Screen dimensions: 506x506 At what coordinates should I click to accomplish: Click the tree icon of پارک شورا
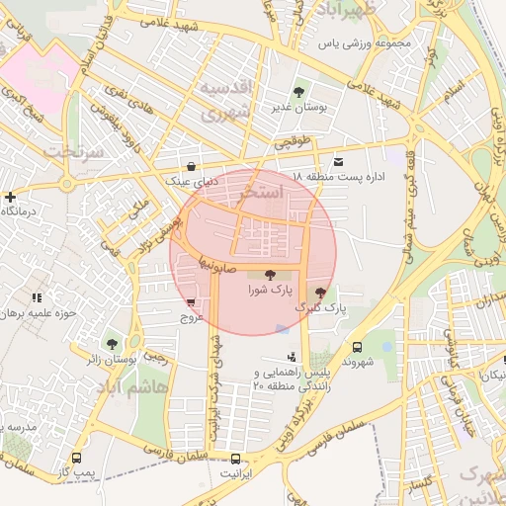271,275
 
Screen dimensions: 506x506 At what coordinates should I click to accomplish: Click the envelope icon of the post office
339,161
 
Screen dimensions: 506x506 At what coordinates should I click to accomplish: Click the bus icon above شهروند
357,347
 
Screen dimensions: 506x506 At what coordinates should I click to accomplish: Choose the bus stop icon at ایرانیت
235,459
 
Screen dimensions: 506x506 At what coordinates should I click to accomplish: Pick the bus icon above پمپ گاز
77,459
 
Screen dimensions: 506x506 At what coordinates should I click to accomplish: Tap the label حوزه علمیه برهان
38,312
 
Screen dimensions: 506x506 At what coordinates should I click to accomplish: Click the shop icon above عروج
191,302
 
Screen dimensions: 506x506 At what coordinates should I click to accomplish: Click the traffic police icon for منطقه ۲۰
291,356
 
